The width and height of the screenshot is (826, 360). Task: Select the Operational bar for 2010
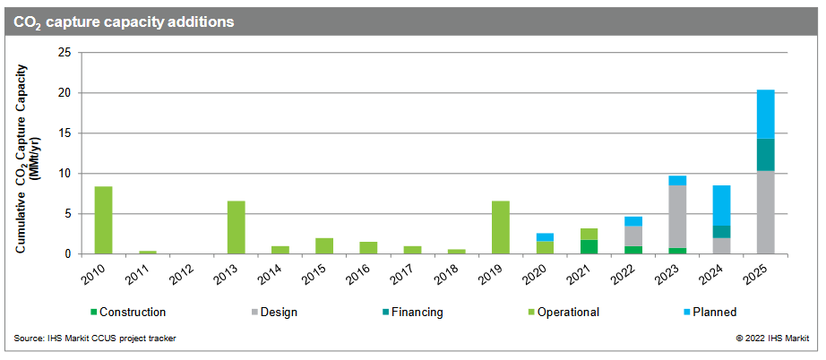(x=103, y=219)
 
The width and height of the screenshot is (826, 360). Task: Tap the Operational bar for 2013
(x=236, y=227)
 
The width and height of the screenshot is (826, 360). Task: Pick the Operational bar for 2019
(x=501, y=227)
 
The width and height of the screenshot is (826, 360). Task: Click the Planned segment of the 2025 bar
(x=765, y=114)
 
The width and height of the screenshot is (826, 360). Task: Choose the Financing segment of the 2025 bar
(x=765, y=154)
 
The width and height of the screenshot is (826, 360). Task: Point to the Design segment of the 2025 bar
(x=765, y=211)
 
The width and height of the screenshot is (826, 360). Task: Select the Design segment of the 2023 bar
(x=677, y=216)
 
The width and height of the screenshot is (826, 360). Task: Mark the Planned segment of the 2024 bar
(x=721, y=205)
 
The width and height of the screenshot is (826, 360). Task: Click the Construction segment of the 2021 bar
(x=589, y=246)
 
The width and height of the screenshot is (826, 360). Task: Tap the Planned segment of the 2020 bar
(x=545, y=236)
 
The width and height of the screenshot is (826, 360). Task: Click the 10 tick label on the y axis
(x=64, y=174)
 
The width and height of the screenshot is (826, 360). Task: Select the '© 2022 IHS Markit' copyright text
(x=771, y=338)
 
